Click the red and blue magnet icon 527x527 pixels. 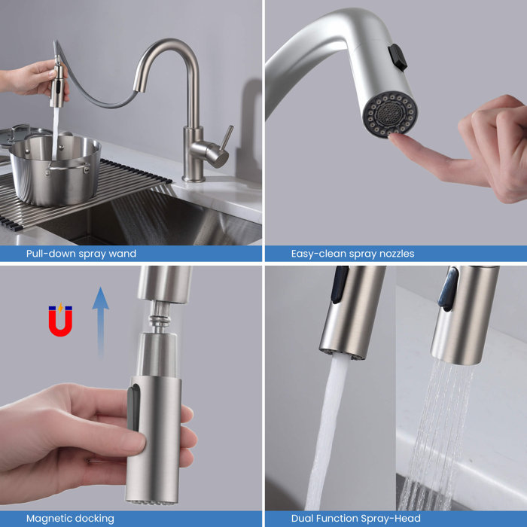60,319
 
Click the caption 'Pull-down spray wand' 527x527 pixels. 81,254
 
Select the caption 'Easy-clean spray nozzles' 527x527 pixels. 352,254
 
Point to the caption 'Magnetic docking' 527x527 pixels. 70,518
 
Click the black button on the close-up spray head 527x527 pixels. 397,57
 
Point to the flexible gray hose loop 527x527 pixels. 98,94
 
